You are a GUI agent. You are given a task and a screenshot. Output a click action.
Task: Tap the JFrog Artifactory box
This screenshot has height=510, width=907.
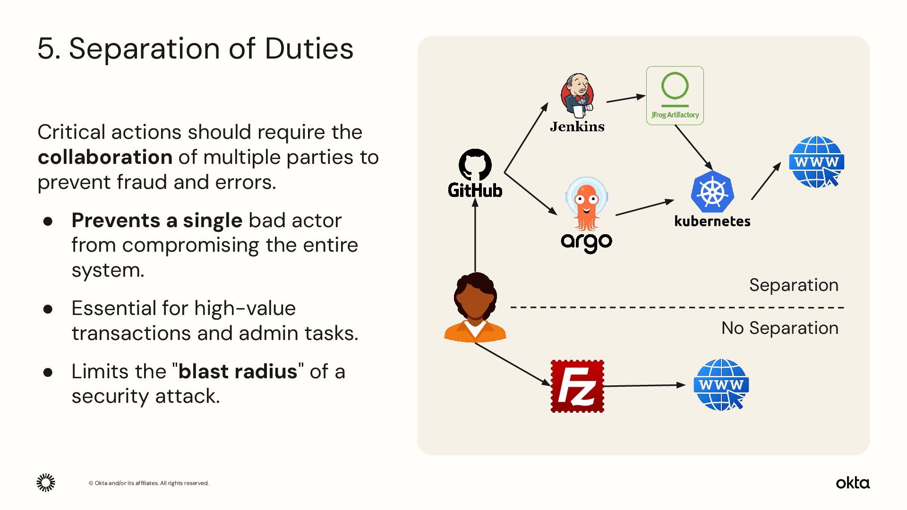[675, 95]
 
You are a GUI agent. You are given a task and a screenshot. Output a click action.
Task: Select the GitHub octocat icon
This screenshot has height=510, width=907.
[475, 165]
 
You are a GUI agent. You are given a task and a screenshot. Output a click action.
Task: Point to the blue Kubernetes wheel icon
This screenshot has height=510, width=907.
[712, 192]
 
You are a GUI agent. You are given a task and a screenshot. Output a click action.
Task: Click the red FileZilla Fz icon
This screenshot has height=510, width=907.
[577, 386]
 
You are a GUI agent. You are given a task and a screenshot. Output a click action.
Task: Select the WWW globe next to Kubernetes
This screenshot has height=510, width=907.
[816, 162]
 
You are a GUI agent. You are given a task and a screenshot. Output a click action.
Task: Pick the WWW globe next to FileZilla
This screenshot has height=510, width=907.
[721, 385]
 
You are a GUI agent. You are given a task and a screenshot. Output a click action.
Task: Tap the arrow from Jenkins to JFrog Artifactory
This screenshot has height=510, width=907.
[625, 98]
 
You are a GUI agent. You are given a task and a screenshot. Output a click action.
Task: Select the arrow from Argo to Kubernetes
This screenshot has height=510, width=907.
[644, 208]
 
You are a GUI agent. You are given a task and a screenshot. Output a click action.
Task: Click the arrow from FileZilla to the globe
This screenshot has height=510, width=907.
[644, 385]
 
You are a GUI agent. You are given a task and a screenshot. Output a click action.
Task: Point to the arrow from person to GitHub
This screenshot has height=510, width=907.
[475, 236]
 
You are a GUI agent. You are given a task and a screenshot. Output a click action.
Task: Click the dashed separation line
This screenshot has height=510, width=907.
[676, 307]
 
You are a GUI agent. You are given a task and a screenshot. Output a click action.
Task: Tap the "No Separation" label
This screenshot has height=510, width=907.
[779, 328]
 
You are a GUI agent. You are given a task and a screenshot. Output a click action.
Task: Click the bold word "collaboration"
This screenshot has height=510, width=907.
[105, 157]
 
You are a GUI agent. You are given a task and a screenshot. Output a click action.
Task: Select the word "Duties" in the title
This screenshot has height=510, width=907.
[309, 49]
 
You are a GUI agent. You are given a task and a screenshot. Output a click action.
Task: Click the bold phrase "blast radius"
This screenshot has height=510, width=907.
[238, 372]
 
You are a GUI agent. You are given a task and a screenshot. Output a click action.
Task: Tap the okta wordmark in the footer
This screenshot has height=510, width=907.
[853, 483]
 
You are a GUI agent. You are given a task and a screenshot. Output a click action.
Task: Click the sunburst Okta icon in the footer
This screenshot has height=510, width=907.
[46, 483]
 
